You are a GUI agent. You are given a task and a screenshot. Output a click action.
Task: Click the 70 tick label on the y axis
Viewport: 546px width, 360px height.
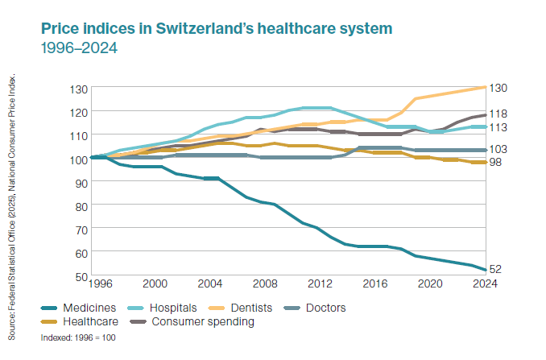[79, 230]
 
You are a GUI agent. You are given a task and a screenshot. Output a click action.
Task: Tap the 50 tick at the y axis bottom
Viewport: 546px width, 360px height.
[79, 277]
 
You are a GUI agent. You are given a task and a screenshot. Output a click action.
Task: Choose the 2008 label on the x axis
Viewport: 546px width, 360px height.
[264, 283]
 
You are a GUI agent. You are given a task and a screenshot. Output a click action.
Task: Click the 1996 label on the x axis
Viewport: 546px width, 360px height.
[102, 283]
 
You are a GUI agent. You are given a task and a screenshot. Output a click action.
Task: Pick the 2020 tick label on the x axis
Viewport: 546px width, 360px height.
[429, 283]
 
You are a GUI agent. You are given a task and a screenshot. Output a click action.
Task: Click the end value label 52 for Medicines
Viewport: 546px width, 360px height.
[497, 269]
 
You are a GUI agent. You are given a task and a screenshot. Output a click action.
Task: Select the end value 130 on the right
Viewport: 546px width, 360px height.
[499, 88]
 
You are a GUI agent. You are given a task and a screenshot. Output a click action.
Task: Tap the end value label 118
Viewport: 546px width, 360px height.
[499, 114]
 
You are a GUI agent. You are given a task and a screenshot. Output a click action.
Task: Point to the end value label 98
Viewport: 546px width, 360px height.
[497, 163]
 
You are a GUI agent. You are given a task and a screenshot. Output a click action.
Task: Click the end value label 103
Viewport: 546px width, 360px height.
[499, 150]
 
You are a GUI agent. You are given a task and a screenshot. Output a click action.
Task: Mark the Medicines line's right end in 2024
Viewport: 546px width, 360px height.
[484, 270]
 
